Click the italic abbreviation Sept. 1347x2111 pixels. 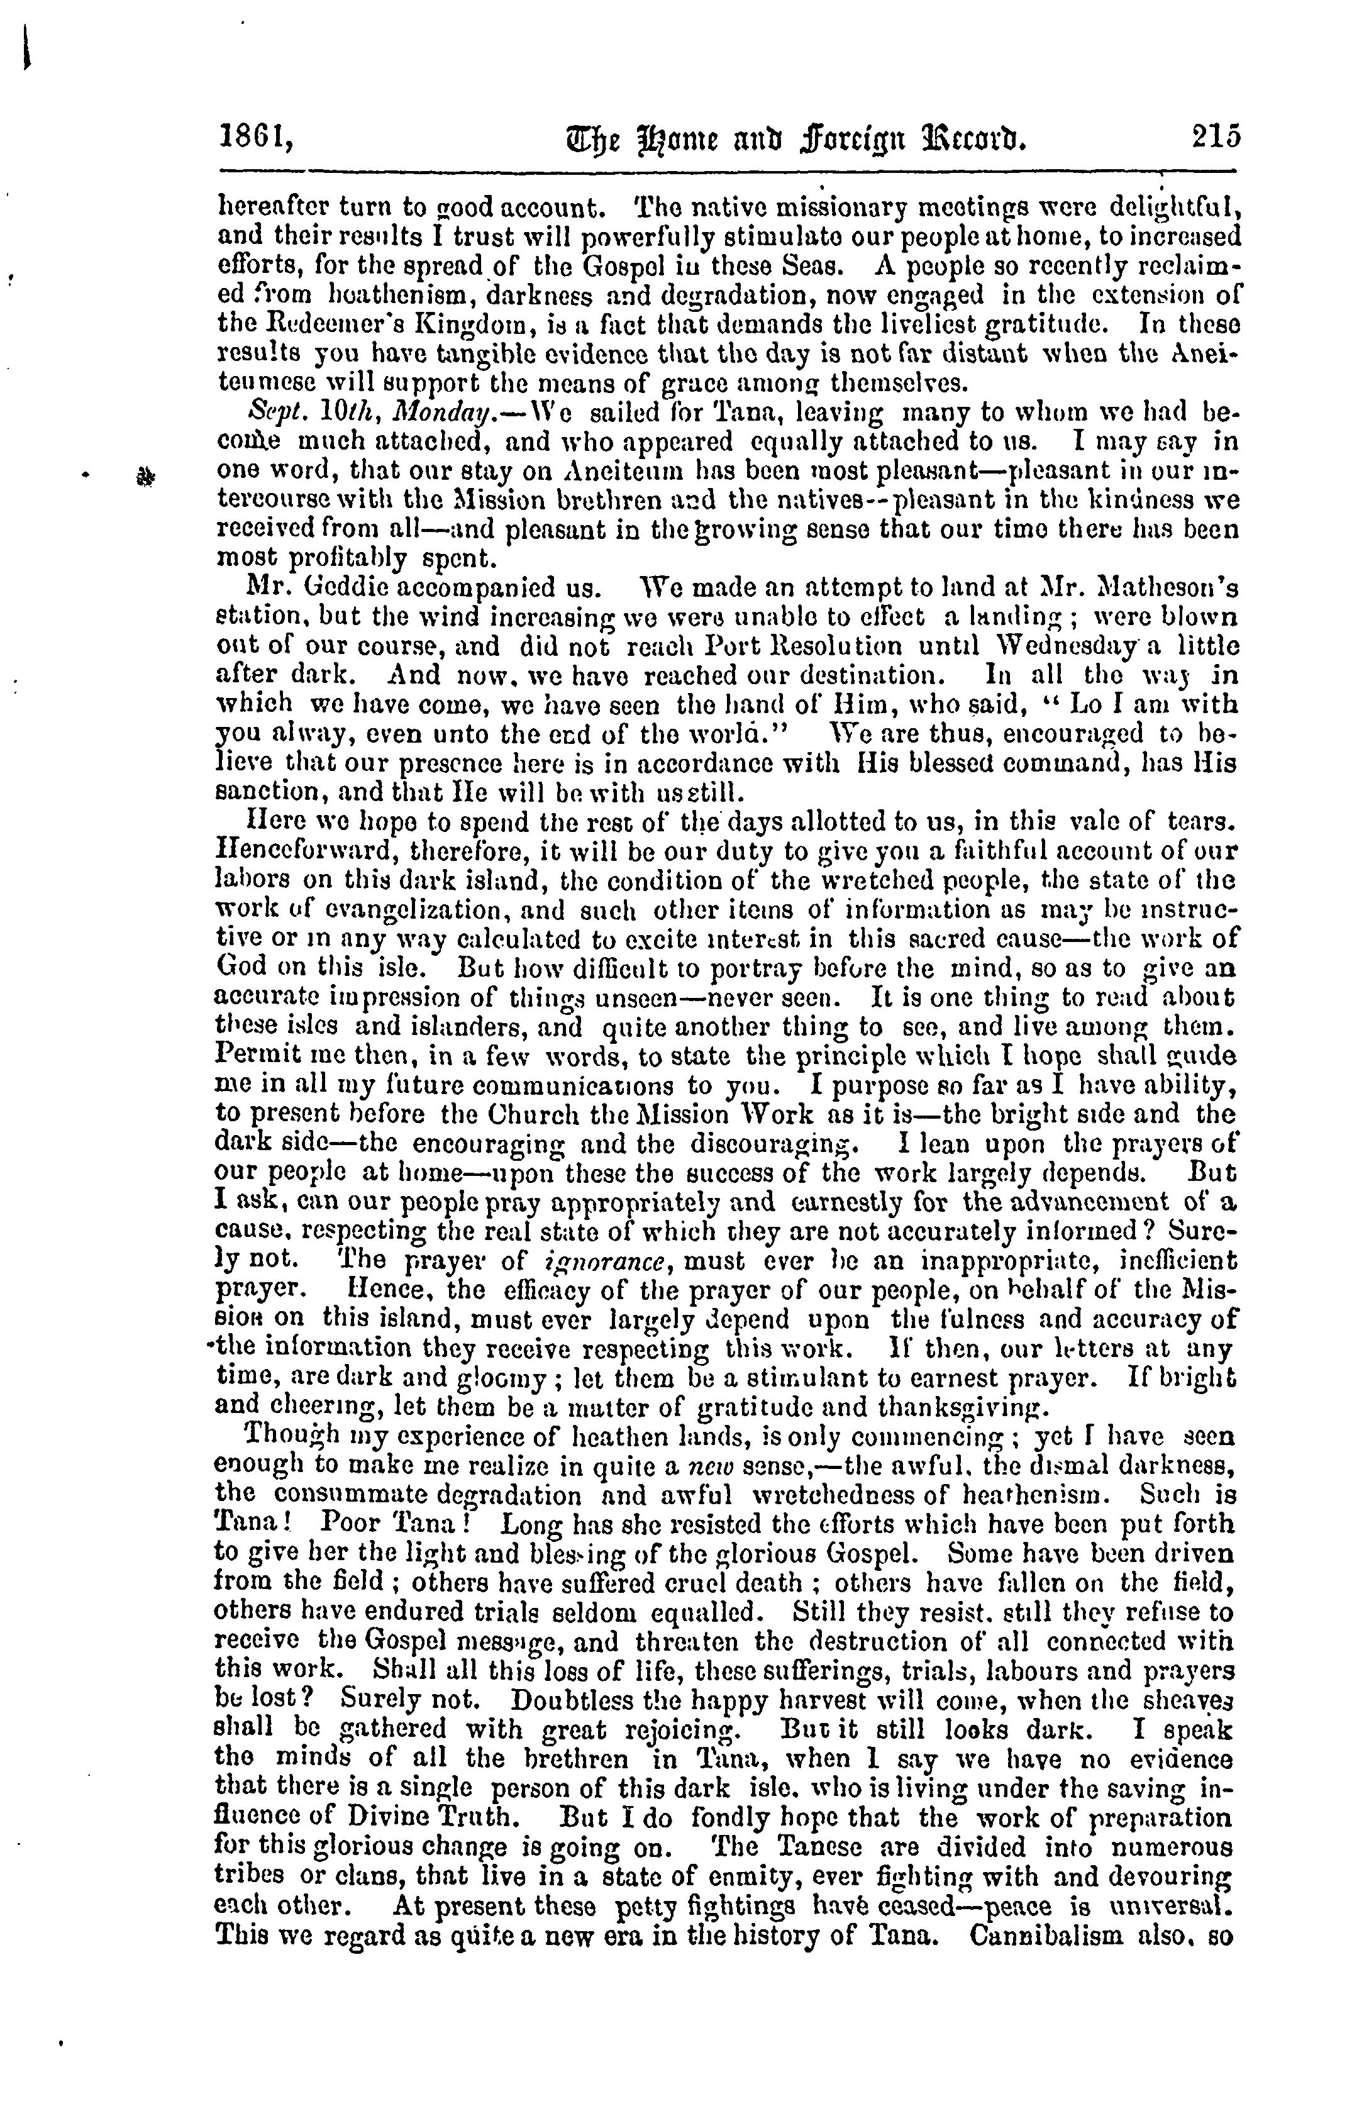point(267,411)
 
